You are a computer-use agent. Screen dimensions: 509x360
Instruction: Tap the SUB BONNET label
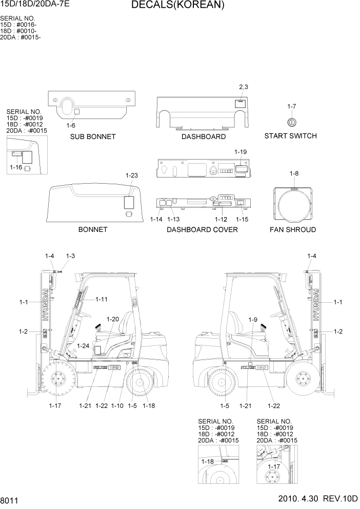93,137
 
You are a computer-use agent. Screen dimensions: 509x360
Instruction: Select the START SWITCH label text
290,136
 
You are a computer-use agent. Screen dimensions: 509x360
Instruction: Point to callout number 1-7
291,106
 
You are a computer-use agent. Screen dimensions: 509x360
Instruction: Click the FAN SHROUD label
293,229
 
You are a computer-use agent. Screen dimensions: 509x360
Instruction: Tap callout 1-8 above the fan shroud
294,173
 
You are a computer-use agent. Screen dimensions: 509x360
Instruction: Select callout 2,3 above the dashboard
243,87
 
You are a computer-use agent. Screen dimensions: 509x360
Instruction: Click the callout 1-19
241,152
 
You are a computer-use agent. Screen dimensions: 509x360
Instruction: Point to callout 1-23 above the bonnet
132,175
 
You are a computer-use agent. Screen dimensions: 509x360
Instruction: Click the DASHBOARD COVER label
202,229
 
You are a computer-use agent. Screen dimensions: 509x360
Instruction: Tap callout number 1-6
71,125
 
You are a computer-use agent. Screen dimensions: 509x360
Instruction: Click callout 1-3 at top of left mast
70,256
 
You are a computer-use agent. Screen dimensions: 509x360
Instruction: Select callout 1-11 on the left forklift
101,299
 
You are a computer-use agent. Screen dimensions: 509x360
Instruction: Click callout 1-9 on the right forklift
252,320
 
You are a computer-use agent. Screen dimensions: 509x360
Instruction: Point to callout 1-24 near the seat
83,346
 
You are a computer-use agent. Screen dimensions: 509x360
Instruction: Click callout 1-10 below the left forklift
117,406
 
